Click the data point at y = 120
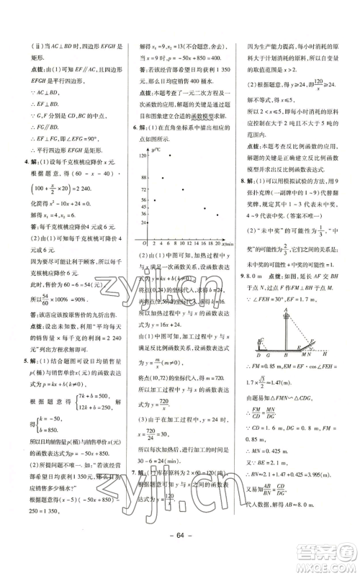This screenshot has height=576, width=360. tap(169, 155)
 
